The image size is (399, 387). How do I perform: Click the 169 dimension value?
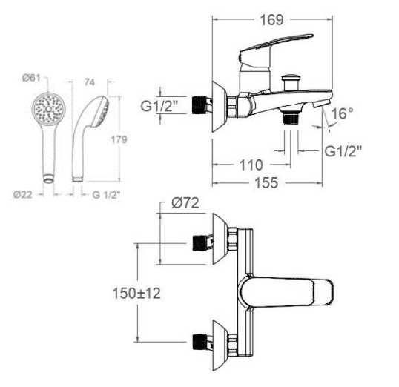[271, 20]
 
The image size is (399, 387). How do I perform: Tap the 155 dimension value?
[266, 183]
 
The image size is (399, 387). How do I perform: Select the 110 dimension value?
[251, 165]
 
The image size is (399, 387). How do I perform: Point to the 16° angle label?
[342, 113]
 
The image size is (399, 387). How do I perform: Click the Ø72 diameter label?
[185, 203]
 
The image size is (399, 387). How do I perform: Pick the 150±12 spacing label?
[136, 294]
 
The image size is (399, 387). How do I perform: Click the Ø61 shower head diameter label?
[31, 78]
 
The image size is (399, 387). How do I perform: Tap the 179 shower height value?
[119, 139]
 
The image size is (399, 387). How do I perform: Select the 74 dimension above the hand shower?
[90, 82]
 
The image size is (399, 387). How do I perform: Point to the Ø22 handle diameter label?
[23, 195]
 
